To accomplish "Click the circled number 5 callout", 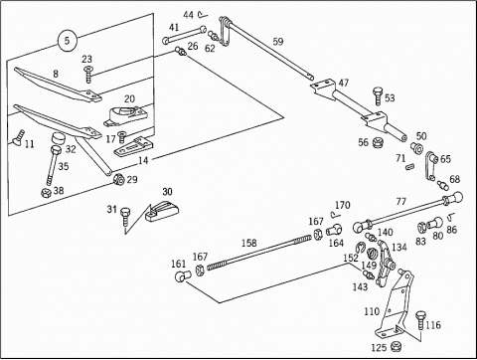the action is point(68,41).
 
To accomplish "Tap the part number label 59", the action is point(278,42).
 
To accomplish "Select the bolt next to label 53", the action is point(378,96).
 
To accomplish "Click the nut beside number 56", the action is point(378,143).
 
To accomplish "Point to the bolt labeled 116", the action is point(420,320).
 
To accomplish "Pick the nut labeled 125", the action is point(396,346).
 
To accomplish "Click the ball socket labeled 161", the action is point(183,276).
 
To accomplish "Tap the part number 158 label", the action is point(248,243).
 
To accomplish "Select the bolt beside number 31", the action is point(125,216).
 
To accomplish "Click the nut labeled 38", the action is point(46,192).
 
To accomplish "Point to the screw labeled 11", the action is point(18,137).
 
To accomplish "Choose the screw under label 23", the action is point(88,75).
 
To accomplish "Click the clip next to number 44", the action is point(202,14).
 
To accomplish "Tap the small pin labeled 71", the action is point(410,166).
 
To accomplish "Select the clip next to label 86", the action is point(450,218).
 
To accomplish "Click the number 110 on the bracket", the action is point(372,311).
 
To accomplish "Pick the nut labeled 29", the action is point(118,179).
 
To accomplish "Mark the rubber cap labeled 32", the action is point(59,138).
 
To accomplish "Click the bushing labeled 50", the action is point(416,147).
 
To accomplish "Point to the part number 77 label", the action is point(400,201).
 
